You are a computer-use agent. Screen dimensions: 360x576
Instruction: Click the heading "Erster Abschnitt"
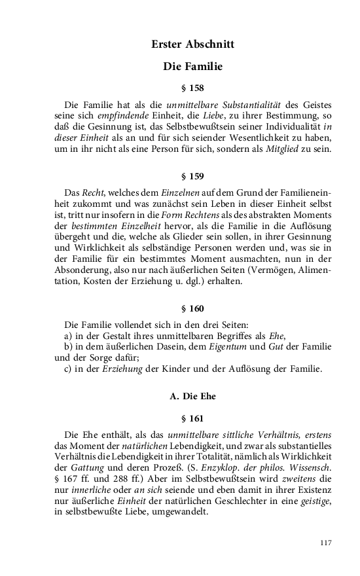tap(192, 45)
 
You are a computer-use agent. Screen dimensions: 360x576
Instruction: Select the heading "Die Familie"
tap(192, 66)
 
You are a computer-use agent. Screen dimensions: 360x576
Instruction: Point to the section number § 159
tap(192, 176)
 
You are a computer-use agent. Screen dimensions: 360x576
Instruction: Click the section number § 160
tap(192, 307)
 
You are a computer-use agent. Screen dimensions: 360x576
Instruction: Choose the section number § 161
tap(192, 418)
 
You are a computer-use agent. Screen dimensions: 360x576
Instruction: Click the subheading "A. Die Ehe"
tap(192, 396)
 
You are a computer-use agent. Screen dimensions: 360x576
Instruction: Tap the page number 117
tap(327, 543)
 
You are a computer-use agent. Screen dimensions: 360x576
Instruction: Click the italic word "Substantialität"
tap(252, 105)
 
